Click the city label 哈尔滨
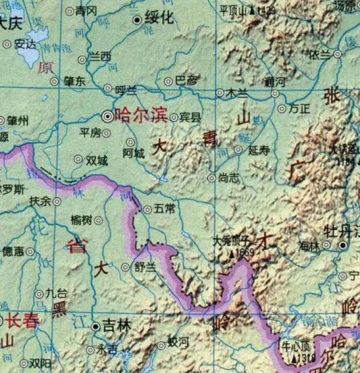click(142, 114)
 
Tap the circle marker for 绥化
click(138, 20)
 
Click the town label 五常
click(165, 209)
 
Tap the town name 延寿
click(259, 150)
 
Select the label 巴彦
click(187, 81)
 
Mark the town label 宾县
click(190, 117)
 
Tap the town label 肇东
click(75, 80)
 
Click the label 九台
click(57, 294)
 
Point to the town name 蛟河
click(178, 343)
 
